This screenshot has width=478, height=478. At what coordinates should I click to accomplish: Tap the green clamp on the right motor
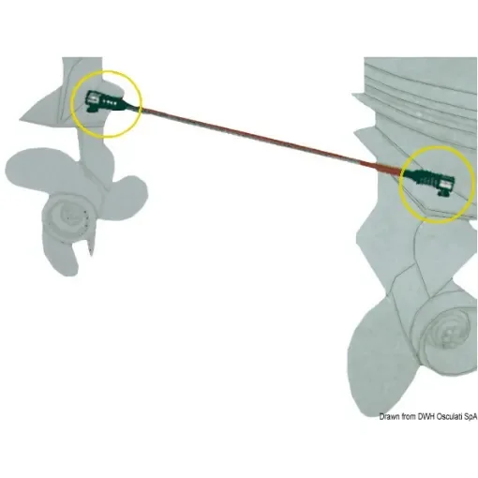(x=430, y=178)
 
